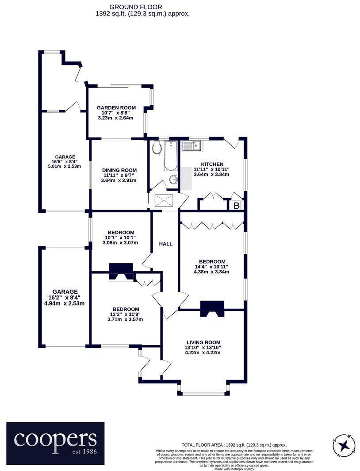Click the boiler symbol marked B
pos(236,205)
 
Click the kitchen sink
pos(192,146)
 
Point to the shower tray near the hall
pos(165,201)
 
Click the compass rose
pos(344,444)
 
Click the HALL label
pos(166,244)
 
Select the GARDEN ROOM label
pos(116,107)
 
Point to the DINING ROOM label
pos(119,170)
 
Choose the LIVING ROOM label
pos(203,342)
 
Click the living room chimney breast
pos(212,308)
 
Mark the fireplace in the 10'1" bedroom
pos(121,271)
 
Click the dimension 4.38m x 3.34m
pos(211,272)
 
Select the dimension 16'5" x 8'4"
pos(65,161)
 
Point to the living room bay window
pos(203,392)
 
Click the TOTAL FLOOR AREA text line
pos(234,445)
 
